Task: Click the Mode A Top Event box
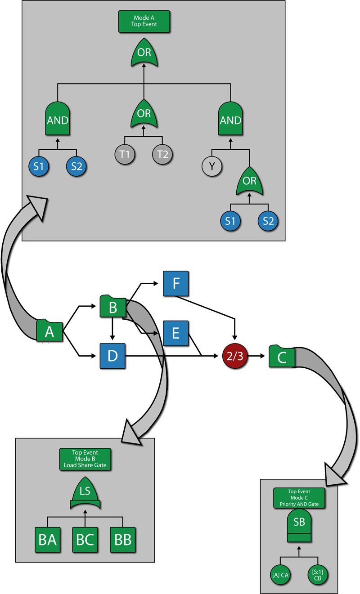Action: coord(144,21)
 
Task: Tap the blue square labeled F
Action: coord(176,284)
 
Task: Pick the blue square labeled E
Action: coord(176,333)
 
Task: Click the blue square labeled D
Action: coord(112,356)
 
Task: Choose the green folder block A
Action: coord(49,331)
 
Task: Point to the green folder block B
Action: coord(112,307)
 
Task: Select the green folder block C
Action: coord(282,357)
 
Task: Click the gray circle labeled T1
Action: coord(125,155)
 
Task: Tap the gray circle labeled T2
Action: coord(163,155)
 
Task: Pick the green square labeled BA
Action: coord(48,540)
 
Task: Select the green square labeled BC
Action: coord(85,540)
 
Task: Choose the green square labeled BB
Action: coord(122,540)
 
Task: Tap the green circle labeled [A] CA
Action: coord(280,574)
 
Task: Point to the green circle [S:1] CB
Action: coord(318,574)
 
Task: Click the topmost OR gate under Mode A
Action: coord(144,53)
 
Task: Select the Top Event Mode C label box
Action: coord(299,498)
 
